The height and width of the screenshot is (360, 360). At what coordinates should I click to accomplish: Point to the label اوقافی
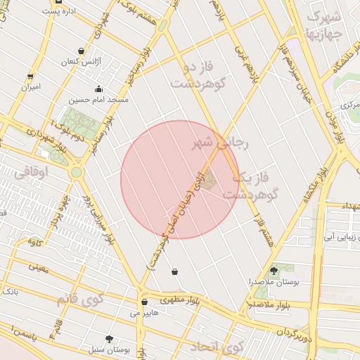coord(29,171)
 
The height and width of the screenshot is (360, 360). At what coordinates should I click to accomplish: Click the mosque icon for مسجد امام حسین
coord(98,89)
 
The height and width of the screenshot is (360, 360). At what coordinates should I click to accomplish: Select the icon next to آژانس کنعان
coord(82,51)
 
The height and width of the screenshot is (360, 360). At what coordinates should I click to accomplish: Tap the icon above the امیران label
coord(30,77)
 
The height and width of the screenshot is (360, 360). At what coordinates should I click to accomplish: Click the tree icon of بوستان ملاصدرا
coord(274,271)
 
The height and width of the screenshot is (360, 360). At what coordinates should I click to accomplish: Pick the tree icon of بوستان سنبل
coord(109,338)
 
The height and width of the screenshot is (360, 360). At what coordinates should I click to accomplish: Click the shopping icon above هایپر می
coord(144,302)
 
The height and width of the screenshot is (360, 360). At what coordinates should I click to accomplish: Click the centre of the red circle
coord(179,179)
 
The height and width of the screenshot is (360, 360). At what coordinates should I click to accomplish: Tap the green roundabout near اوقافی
coord(76,171)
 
